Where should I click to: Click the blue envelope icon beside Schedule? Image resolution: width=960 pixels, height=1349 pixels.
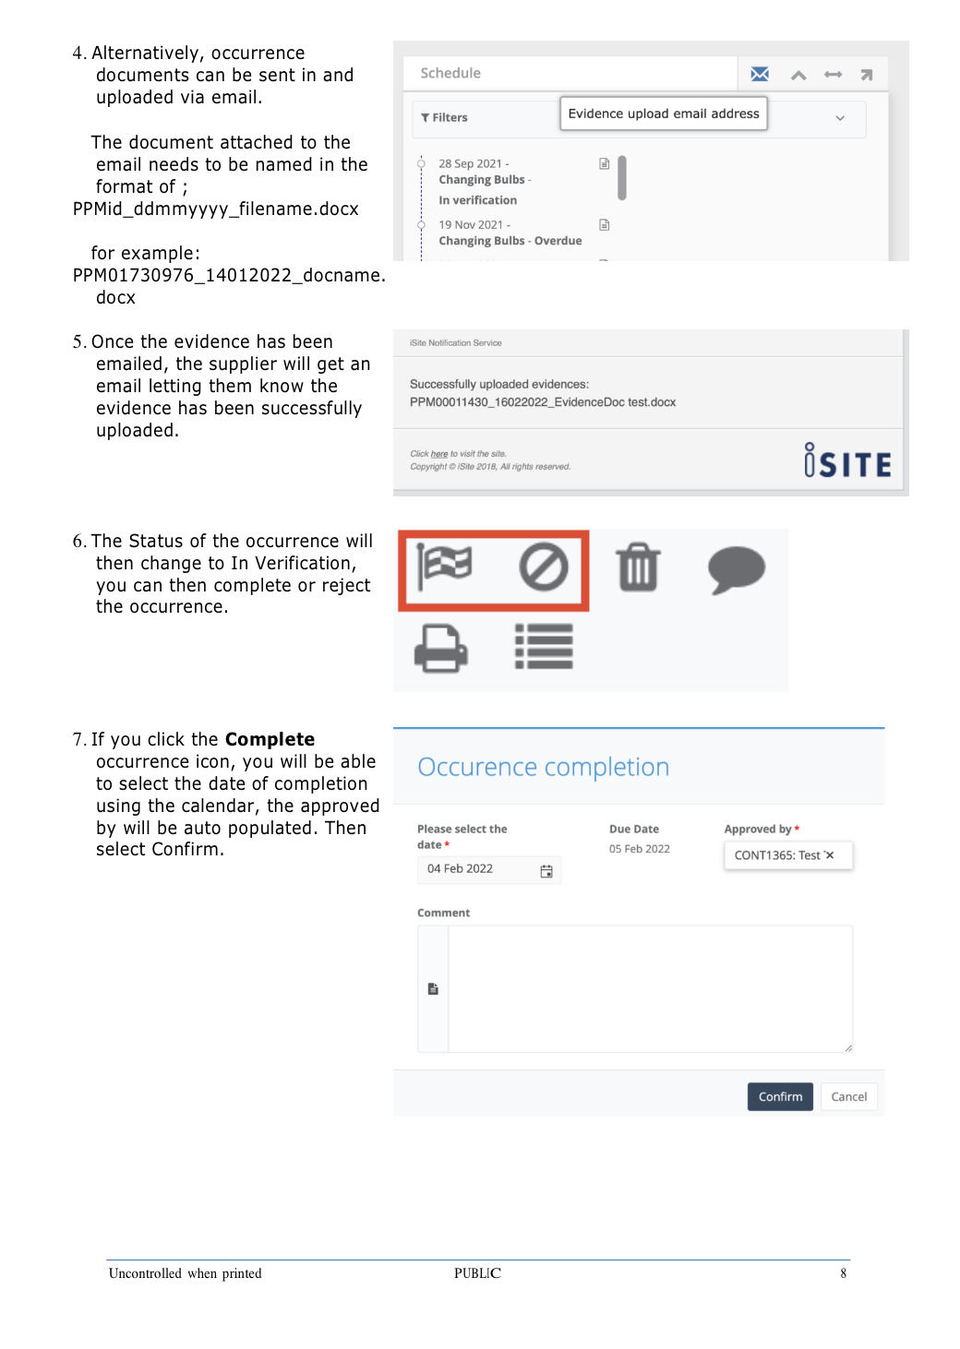tap(760, 74)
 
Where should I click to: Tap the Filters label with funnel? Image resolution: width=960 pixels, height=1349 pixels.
tap(444, 117)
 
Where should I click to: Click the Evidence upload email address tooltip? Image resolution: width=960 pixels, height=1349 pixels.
tap(663, 113)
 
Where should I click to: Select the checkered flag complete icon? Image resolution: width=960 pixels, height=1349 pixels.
tap(445, 567)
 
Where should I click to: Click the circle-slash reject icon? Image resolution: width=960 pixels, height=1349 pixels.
tap(544, 567)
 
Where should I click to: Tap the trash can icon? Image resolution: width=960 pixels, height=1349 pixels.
tap(638, 567)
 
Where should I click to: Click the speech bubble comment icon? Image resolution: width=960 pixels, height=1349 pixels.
tap(737, 569)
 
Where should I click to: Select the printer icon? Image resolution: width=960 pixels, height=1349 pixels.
tap(440, 649)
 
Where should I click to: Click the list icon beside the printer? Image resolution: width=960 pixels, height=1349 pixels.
tap(544, 646)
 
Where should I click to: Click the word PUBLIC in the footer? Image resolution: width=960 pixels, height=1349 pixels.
tap(477, 1273)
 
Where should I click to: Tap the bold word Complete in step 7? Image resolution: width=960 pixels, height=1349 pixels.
tap(270, 739)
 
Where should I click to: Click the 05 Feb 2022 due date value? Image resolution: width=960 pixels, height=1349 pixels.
tap(640, 849)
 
